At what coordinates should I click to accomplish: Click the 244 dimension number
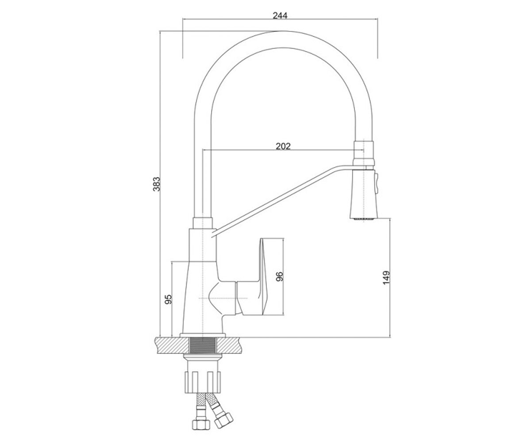point(280,16)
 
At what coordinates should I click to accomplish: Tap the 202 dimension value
point(283,146)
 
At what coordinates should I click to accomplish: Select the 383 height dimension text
point(157,183)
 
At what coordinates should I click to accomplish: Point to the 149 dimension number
point(386,278)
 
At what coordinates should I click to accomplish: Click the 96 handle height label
point(279,276)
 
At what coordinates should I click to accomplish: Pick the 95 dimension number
point(168,299)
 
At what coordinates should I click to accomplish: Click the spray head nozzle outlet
point(364,218)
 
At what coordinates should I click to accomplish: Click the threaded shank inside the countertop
point(203,345)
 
